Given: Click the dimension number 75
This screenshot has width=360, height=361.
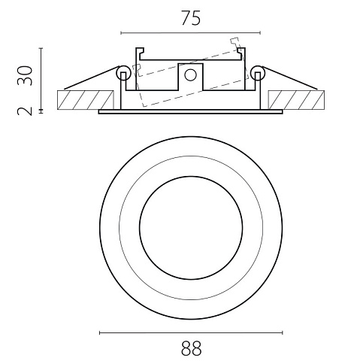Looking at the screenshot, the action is click(191, 18).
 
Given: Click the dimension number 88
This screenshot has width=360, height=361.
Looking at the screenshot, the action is click(191, 348).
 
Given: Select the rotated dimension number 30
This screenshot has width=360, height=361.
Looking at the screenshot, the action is click(25, 75).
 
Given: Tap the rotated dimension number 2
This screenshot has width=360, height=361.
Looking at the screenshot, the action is click(25, 111).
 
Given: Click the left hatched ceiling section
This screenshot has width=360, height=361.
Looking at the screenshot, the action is click(86, 100).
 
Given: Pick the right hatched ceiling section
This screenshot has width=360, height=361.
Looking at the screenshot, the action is click(296, 100).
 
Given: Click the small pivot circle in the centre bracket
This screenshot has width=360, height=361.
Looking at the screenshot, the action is click(190, 75).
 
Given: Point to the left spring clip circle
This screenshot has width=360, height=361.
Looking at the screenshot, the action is click(124, 73).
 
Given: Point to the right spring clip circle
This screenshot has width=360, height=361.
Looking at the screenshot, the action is click(258, 73).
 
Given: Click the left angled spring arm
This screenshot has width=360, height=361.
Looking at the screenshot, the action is click(92, 77).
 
